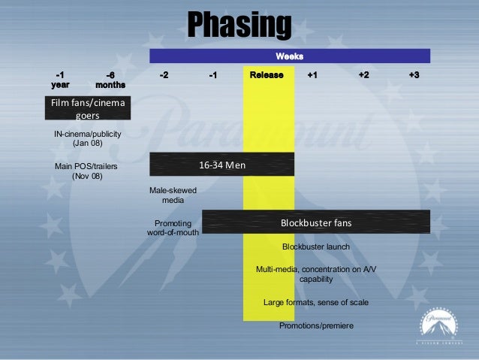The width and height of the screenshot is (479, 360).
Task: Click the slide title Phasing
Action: (x=239, y=26)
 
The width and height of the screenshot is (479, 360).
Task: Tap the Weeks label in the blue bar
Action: (x=289, y=56)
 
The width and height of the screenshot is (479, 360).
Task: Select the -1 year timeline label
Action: (x=59, y=80)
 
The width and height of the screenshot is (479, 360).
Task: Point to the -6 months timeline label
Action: (x=110, y=80)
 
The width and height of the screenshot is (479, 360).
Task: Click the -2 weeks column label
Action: (x=164, y=76)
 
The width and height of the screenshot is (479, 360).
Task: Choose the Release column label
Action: (x=267, y=76)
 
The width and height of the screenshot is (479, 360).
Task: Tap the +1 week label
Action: (x=312, y=76)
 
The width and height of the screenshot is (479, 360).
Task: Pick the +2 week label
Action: (x=363, y=76)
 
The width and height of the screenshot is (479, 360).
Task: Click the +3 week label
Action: (x=414, y=76)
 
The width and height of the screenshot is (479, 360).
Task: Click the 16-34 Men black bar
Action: (x=222, y=165)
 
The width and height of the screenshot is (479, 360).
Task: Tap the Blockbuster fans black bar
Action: (x=316, y=223)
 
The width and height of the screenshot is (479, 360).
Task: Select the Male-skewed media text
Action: (x=173, y=195)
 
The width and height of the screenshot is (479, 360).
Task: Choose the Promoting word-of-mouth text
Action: (x=173, y=228)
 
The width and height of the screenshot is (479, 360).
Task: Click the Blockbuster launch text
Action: (x=315, y=247)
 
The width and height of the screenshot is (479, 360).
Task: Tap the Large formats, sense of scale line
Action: (x=316, y=302)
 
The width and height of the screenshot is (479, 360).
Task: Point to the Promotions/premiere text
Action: (x=316, y=325)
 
